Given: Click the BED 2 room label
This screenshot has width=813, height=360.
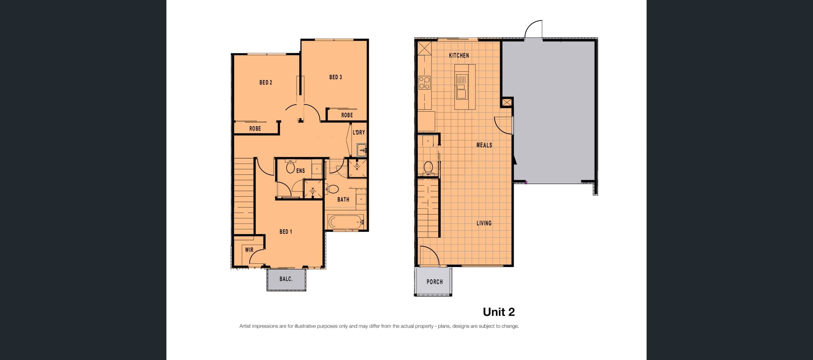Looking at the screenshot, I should pyautogui.click(x=266, y=82).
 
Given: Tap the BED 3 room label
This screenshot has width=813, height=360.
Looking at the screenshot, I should pyautogui.click(x=335, y=77).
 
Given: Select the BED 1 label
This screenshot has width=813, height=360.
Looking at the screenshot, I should pyautogui.click(x=286, y=232).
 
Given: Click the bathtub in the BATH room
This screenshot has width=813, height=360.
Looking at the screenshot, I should pyautogui.click(x=345, y=222).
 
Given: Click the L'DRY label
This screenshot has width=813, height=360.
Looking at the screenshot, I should pyautogui.click(x=359, y=132).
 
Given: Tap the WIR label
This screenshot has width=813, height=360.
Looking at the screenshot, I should pyautogui.click(x=249, y=250).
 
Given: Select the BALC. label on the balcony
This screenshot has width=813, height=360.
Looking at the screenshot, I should pyautogui.click(x=286, y=279).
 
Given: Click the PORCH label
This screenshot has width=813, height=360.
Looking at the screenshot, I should pyautogui.click(x=435, y=282).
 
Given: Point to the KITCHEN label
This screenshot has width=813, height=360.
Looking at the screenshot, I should pyautogui.click(x=459, y=55).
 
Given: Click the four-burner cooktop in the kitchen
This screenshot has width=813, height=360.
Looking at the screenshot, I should pyautogui.click(x=424, y=83).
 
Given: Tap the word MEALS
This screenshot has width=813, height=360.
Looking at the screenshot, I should pyautogui.click(x=484, y=145).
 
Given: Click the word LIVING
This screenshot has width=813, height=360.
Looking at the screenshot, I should pyautogui.click(x=484, y=223).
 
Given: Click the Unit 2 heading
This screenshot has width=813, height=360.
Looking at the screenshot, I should pyautogui.click(x=499, y=312).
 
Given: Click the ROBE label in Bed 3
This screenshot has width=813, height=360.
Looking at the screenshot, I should pyautogui.click(x=347, y=115).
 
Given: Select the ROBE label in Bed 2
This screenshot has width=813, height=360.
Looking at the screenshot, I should pyautogui.click(x=255, y=128).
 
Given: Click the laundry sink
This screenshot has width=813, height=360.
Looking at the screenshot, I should pyautogui.click(x=361, y=149).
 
